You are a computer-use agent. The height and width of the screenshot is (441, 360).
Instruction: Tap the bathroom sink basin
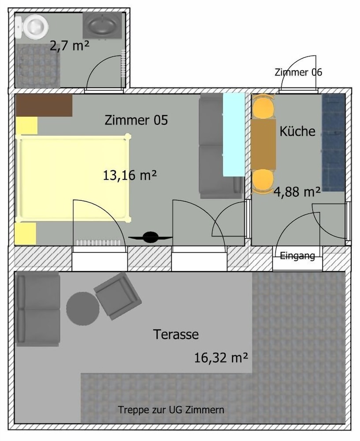pyautogui.click(x=102, y=25)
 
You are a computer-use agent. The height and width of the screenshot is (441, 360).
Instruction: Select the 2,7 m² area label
pyautogui.click(x=70, y=45)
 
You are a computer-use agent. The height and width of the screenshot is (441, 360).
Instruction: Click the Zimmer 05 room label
pyautogui.click(x=136, y=120)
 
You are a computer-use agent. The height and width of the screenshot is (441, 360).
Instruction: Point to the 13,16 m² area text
pyautogui.click(x=130, y=176)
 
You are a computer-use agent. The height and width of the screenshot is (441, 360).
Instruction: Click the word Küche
pyautogui.click(x=297, y=131)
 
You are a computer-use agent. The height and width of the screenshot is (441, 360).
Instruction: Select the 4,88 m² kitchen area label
pyautogui.click(x=297, y=192)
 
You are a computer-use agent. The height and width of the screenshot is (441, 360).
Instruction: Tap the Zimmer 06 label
pyautogui.click(x=298, y=72)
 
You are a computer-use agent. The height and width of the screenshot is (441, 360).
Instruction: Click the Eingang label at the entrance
pyautogui.click(x=297, y=256)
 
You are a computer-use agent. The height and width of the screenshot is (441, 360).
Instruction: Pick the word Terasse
pyautogui.click(x=176, y=334)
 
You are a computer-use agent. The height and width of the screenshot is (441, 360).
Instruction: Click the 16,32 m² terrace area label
pyautogui.click(x=221, y=358)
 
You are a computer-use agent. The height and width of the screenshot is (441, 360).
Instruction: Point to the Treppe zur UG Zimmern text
pyautogui.click(x=171, y=410)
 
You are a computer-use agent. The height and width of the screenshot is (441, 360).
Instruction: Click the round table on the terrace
pyautogui.click(x=83, y=309)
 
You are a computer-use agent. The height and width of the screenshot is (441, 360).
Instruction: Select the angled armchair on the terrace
pyautogui.click(x=118, y=295)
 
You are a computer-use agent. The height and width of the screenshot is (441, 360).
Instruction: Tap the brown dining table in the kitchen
pyautogui.click(x=264, y=145)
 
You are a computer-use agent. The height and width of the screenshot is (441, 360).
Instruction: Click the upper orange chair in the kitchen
pyautogui.click(x=263, y=106)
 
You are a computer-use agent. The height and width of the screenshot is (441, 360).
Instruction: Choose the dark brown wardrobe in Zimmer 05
pyautogui.click(x=44, y=105)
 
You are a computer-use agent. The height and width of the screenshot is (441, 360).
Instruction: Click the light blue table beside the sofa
pyautogui.click(x=234, y=135)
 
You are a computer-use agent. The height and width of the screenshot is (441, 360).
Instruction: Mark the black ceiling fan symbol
pyautogui.click(x=151, y=237)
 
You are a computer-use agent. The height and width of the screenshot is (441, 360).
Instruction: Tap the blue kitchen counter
pyautogui.click(x=334, y=142)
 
